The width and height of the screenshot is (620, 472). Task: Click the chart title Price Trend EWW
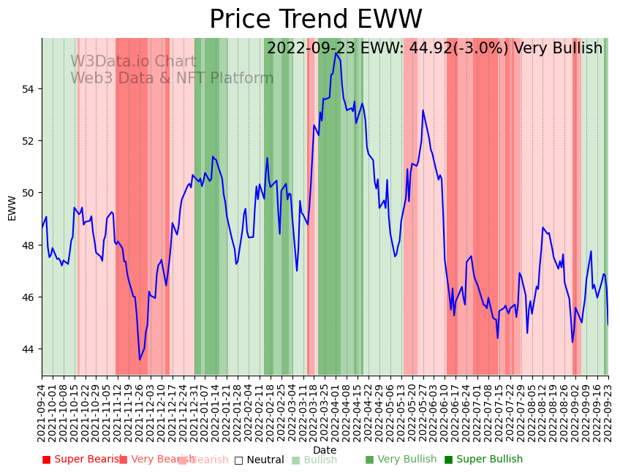click(315, 20)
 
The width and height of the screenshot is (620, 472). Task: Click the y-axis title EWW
click(12, 208)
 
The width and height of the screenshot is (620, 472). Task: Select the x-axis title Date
click(325, 450)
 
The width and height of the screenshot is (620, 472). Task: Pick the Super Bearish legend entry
click(82, 460)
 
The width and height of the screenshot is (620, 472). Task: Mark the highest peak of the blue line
click(336, 53)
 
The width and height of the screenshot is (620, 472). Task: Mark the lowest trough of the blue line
click(140, 359)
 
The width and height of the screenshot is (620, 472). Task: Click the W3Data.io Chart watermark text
click(133, 61)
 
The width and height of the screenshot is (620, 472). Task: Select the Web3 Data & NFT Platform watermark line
click(172, 78)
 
